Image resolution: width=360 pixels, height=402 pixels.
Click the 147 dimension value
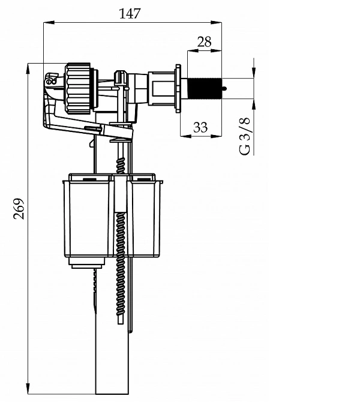(x=130, y=14)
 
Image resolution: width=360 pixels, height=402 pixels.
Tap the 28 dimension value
(x=205, y=41)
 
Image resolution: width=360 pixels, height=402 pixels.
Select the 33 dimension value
(x=200, y=127)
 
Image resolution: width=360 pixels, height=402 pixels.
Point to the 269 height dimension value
(x=19, y=208)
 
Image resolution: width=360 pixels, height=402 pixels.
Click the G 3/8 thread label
(x=244, y=136)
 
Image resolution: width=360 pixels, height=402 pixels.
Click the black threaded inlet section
(x=205, y=88)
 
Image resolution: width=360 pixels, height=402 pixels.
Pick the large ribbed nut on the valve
(x=77, y=88)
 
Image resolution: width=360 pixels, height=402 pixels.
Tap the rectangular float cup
(x=113, y=215)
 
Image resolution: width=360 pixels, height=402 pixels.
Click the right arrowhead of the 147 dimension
(x=217, y=23)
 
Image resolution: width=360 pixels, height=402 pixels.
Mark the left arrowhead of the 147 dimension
(x=49, y=23)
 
